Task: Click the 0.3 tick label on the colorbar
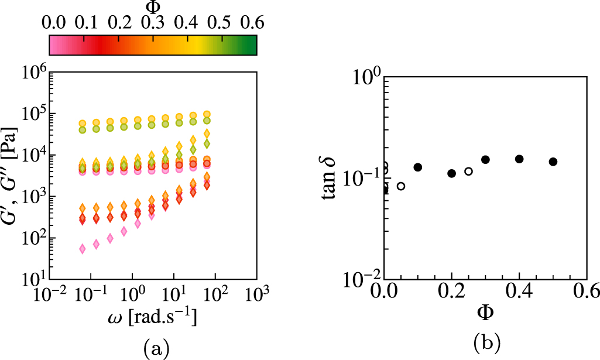pyautogui.click(x=153, y=22)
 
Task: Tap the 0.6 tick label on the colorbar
pyautogui.click(x=253, y=22)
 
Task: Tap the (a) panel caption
pyautogui.click(x=156, y=349)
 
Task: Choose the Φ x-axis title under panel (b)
pyautogui.click(x=485, y=313)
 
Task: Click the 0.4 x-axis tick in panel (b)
pyautogui.click(x=519, y=290)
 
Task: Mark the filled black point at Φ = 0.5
pyautogui.click(x=553, y=162)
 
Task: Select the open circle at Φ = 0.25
pyautogui.click(x=468, y=172)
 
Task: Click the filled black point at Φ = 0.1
pyautogui.click(x=418, y=167)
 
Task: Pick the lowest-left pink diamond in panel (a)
pyautogui.click(x=83, y=249)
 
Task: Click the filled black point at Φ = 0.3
pyautogui.click(x=485, y=160)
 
